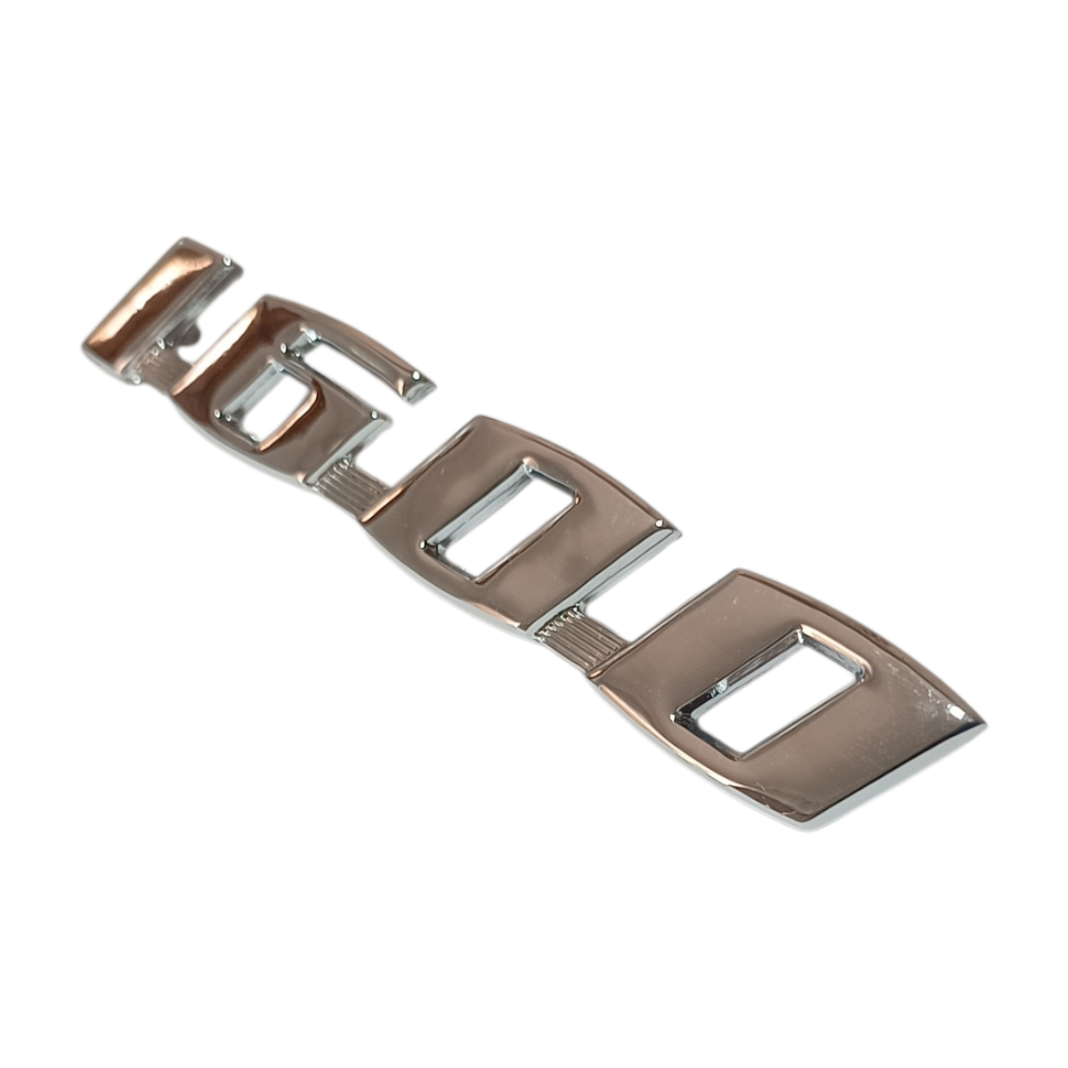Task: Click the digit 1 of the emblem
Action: (x=161, y=308)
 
